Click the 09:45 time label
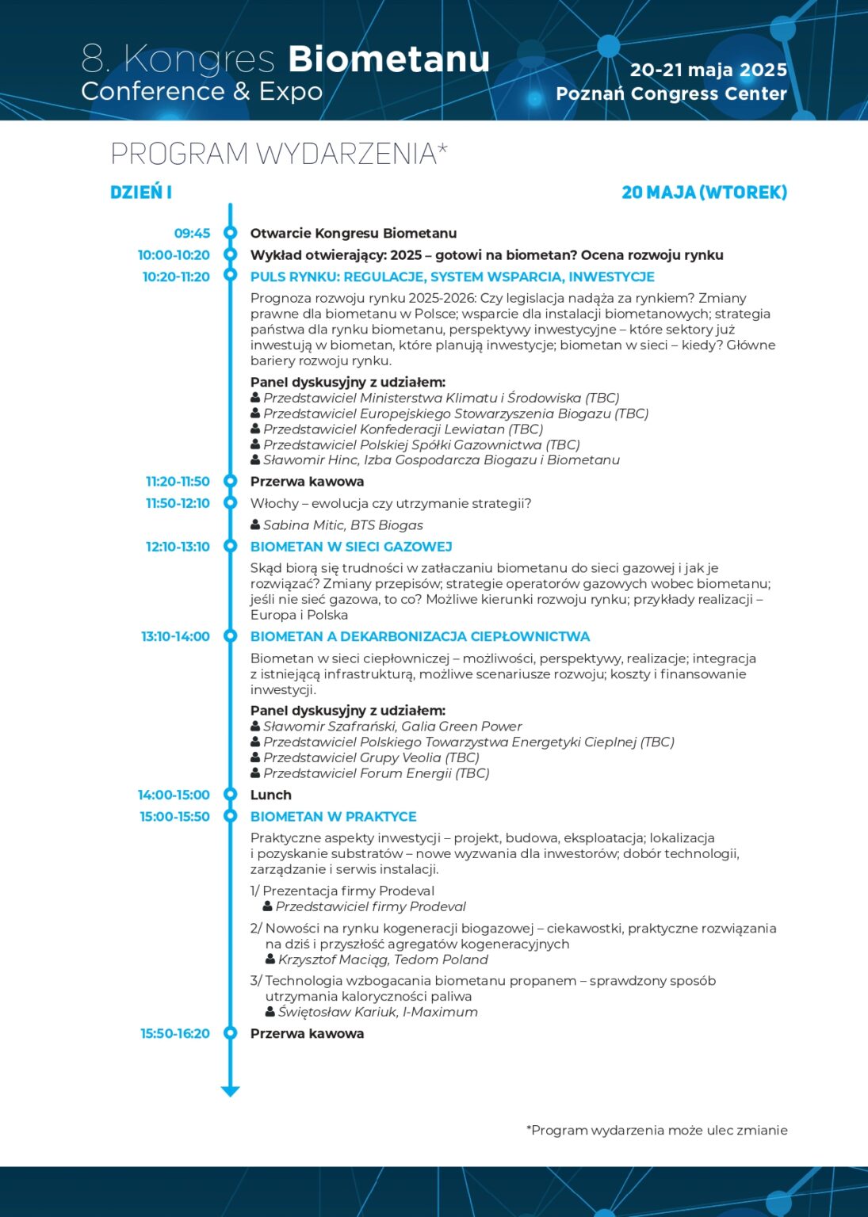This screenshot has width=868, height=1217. [x=192, y=233]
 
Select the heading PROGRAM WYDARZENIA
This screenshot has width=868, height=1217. [x=278, y=154]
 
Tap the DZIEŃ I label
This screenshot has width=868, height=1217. [x=141, y=192]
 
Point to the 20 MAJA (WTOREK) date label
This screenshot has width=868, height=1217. [x=704, y=193]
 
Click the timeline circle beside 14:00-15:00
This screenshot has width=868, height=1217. [x=231, y=795]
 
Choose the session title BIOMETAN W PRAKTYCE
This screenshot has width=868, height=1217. [x=333, y=816]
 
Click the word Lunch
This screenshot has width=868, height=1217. [x=271, y=795]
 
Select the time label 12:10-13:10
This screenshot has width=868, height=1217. [x=178, y=547]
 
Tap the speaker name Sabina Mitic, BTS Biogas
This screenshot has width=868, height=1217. [x=342, y=525]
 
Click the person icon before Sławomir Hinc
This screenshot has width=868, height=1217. [x=255, y=460]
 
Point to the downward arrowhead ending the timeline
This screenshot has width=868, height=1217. [x=231, y=1091]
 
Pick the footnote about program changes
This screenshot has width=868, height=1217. [x=656, y=1130]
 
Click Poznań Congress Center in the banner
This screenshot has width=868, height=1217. [x=671, y=93]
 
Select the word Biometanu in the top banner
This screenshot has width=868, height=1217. [x=388, y=59]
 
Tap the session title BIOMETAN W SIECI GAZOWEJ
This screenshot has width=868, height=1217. [x=351, y=547]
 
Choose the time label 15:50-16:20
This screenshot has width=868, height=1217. [x=175, y=1033]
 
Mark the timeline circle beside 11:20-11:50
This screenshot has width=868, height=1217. [x=231, y=481]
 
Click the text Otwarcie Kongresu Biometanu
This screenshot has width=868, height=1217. [x=354, y=233]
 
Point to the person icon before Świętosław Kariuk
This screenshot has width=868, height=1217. [x=270, y=1012]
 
